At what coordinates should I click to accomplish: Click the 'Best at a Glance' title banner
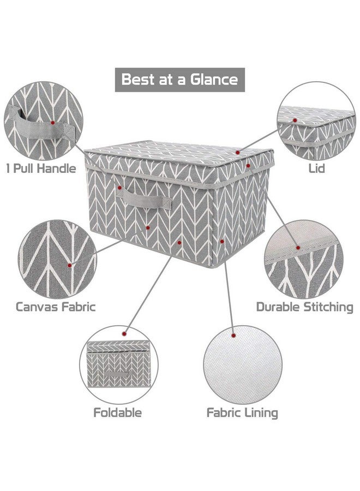(179, 80)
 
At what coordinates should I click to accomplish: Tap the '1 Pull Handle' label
(41, 169)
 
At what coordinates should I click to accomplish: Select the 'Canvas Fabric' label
(56, 307)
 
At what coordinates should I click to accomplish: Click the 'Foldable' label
(117, 412)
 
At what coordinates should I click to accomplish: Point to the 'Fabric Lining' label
(242, 413)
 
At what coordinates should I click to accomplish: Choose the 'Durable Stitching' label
(304, 307)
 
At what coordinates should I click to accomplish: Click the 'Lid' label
(316, 169)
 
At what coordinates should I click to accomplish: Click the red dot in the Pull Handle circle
(52, 123)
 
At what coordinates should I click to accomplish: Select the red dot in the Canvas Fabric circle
(69, 265)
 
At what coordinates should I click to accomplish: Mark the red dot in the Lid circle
(295, 120)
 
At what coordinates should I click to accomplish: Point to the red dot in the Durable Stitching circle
(298, 248)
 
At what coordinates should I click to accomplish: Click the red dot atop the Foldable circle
(124, 334)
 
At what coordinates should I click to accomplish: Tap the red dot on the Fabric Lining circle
(233, 336)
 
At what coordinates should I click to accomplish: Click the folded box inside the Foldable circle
(119, 364)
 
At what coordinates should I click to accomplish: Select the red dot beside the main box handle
(119, 188)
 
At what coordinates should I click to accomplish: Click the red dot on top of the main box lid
(238, 153)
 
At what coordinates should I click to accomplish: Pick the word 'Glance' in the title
(214, 79)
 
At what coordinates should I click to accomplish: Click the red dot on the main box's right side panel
(222, 242)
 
